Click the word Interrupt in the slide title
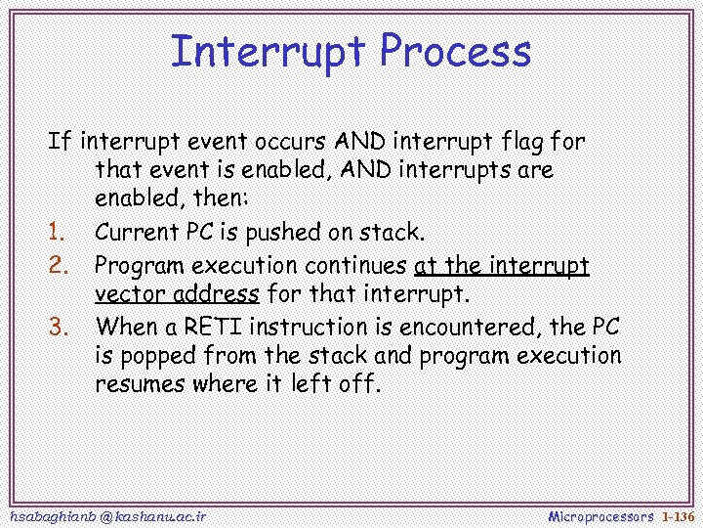[x=267, y=51]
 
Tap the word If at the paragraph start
[x=60, y=141]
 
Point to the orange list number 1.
[x=56, y=233]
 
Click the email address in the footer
[x=106, y=515]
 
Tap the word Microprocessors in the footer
[x=600, y=515]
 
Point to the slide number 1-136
[x=677, y=515]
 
